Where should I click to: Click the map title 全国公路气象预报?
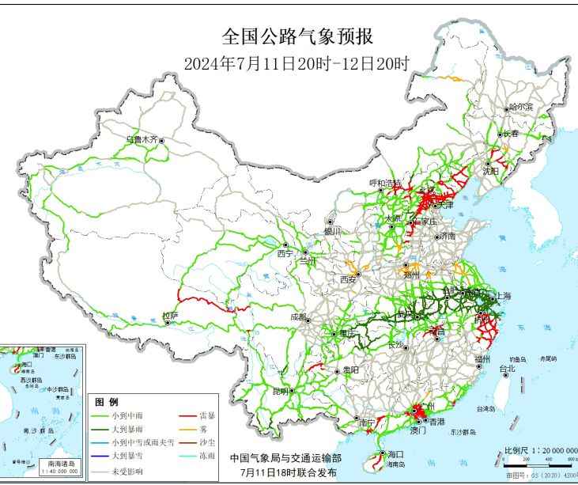pos(297,36)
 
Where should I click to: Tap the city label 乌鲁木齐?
pos(142,139)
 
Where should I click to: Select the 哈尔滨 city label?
pos(520,106)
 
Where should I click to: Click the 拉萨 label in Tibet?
pos(170,316)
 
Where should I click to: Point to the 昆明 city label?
pos(280,391)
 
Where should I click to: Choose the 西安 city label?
pos(348,279)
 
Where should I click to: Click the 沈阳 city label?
pos(490,171)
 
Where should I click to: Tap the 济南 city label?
pos(448,236)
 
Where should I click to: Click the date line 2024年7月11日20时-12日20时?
pos(297,64)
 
